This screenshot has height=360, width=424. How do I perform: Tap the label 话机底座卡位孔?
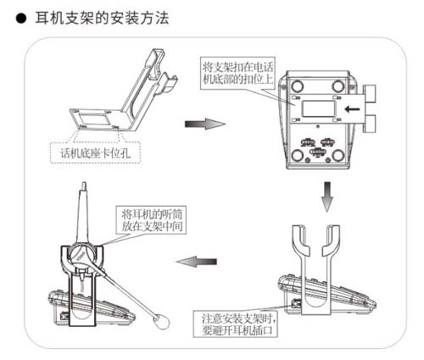93,154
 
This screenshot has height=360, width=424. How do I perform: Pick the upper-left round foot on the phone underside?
298,86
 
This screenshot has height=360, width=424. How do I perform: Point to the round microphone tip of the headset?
158,321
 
